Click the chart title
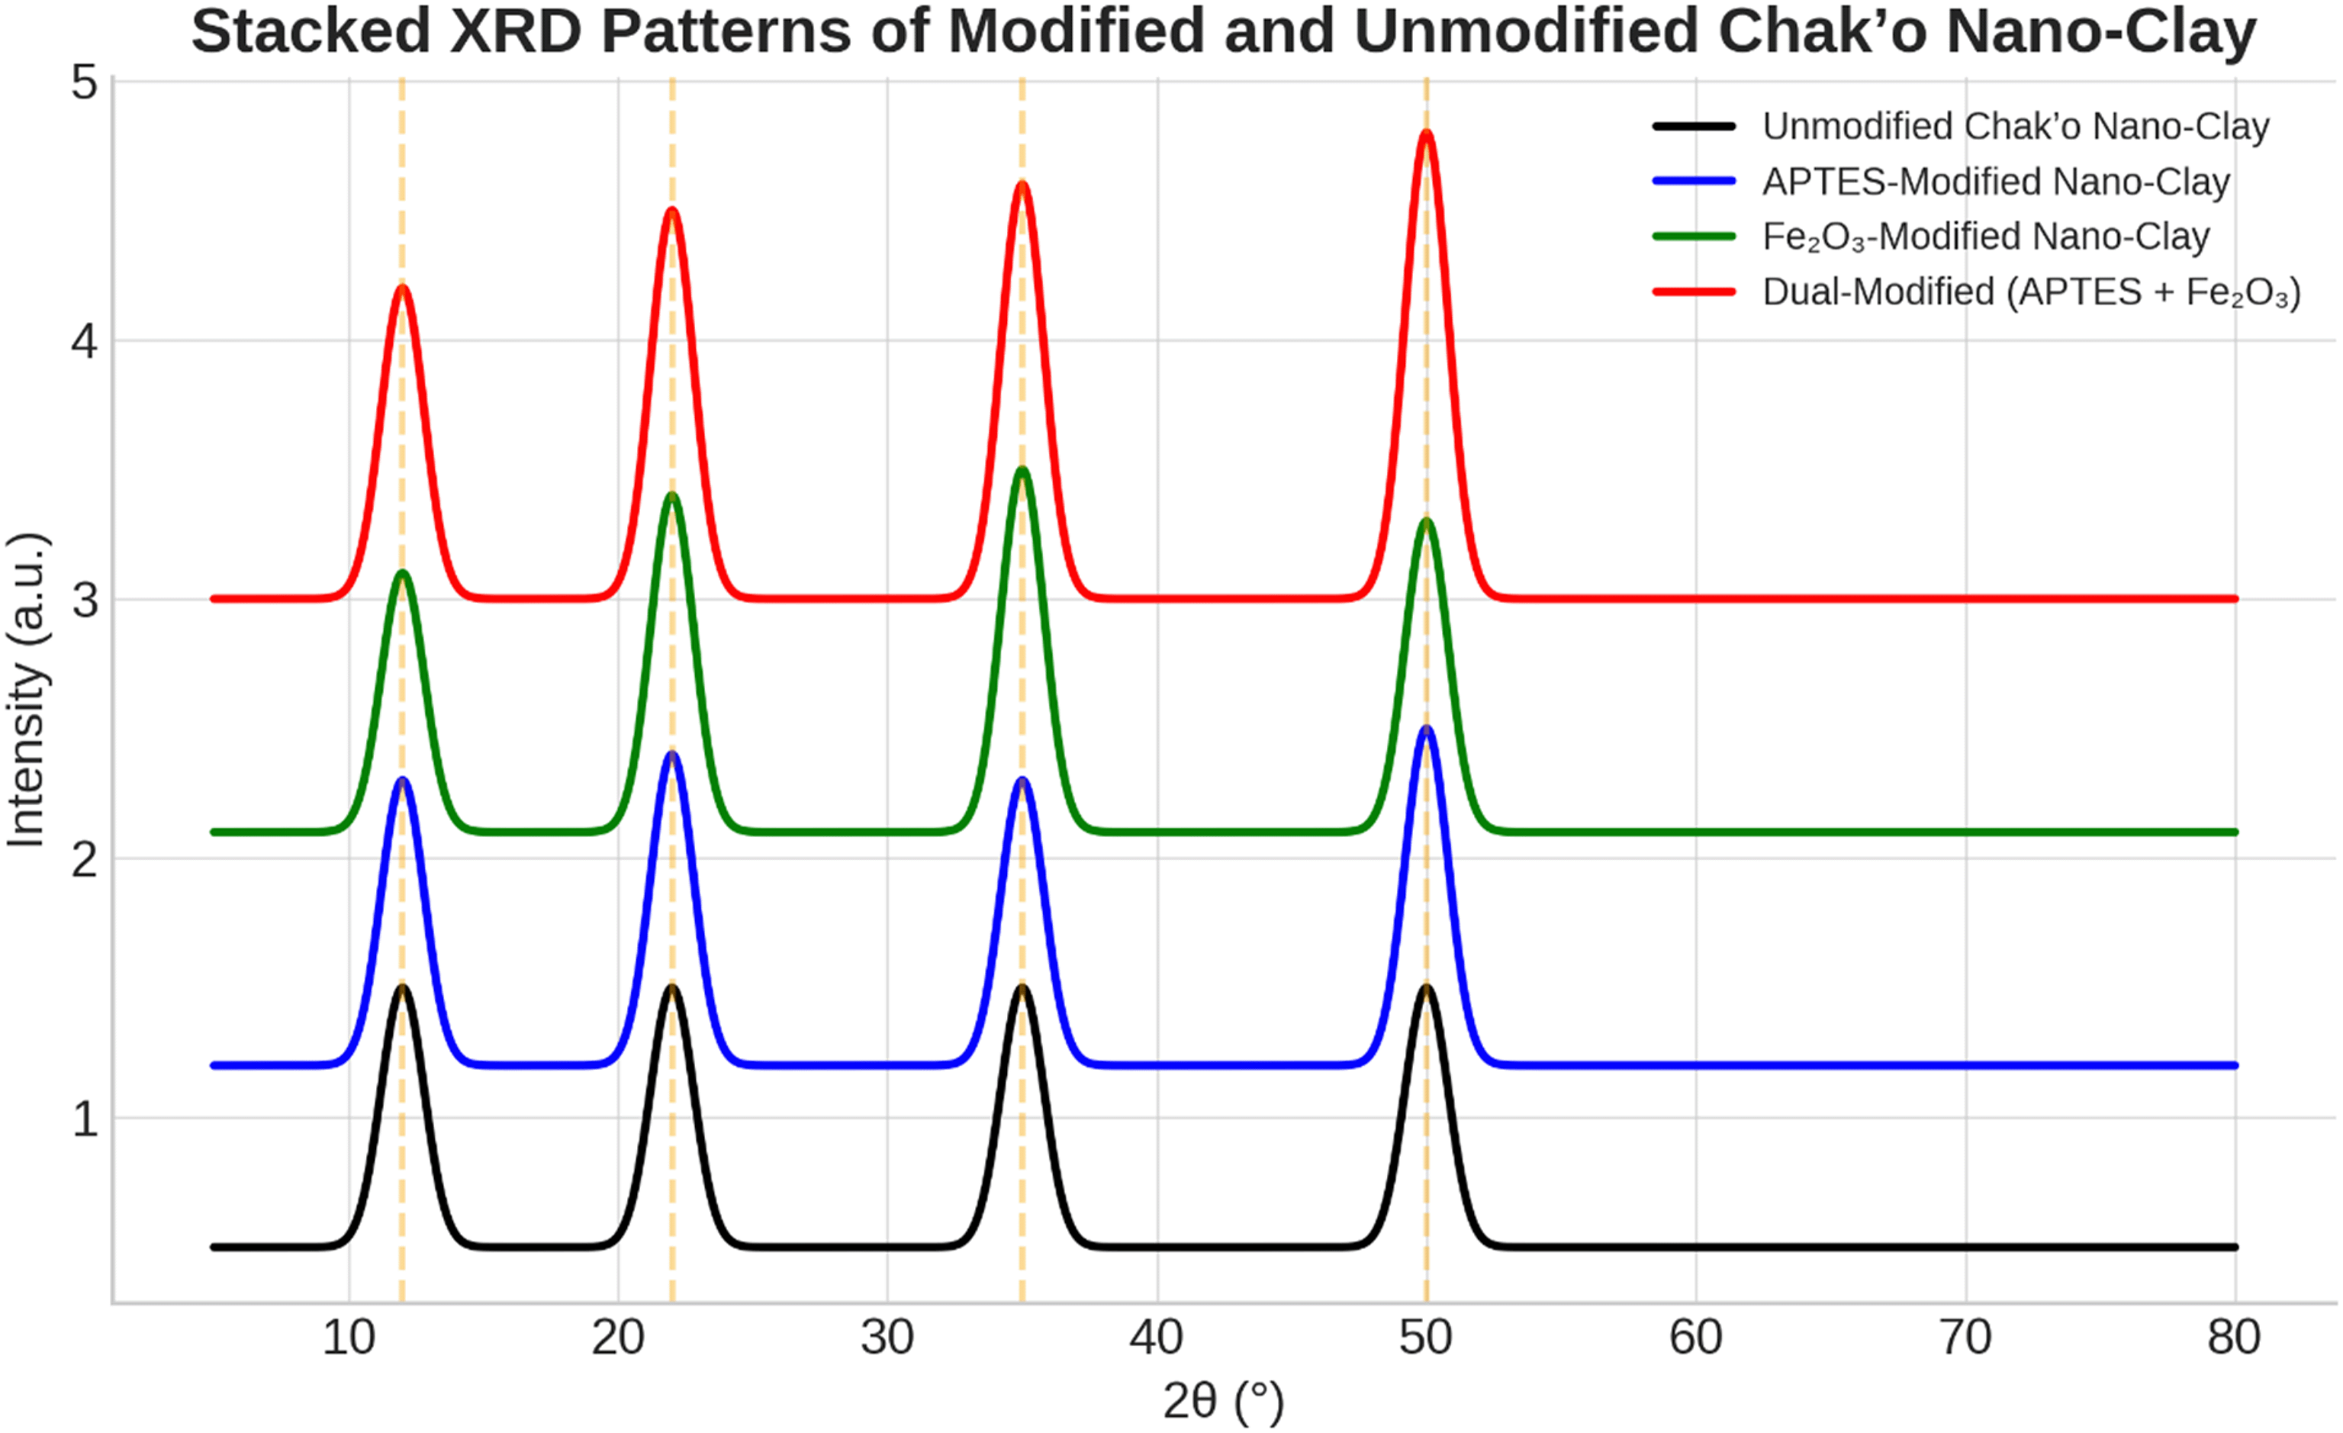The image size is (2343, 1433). [x=1224, y=31]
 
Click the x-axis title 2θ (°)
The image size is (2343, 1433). [x=1224, y=1399]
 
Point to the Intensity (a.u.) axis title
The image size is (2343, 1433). [x=27, y=689]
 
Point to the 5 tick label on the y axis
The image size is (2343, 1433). [x=85, y=84]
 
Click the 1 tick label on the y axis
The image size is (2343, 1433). [x=85, y=1119]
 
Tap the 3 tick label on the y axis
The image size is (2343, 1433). [x=85, y=601]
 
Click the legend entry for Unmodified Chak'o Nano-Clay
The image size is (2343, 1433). [x=2015, y=127]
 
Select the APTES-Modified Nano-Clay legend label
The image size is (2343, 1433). [x=1995, y=182]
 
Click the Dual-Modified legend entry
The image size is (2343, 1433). [x=2030, y=292]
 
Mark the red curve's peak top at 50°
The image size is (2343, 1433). [x=1427, y=133]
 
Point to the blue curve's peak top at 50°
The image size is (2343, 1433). [x=1427, y=729]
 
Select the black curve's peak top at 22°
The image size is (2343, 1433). [x=672, y=988]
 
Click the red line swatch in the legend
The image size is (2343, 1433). [x=1694, y=292]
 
